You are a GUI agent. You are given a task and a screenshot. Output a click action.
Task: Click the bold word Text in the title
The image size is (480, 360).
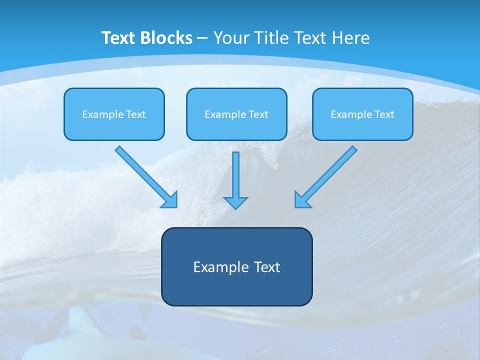[119, 38]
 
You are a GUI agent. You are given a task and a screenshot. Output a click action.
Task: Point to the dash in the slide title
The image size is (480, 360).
[202, 38]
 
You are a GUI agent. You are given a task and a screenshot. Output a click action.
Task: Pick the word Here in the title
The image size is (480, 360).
[351, 38]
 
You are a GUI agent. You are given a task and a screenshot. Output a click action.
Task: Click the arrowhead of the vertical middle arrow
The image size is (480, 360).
[235, 202]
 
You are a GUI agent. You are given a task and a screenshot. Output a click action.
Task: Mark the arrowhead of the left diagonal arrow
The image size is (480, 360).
[170, 200]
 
